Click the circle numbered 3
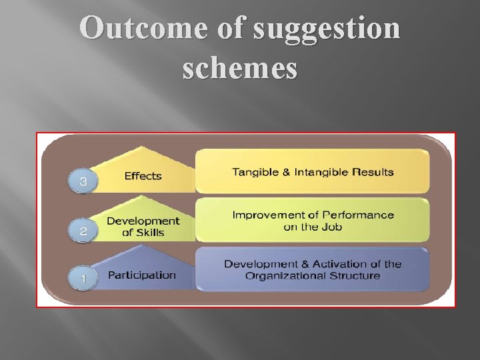click(83, 181)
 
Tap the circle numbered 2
click(83, 231)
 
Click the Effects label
click(143, 176)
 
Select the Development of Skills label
click(143, 227)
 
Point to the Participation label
click(142, 275)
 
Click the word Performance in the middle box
click(358, 215)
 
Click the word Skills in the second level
click(151, 233)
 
